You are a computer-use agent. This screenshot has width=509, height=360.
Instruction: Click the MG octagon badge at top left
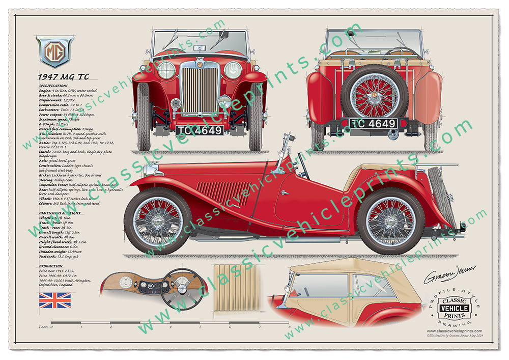coord(54,51)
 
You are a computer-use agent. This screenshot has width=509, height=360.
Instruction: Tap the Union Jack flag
coord(55,300)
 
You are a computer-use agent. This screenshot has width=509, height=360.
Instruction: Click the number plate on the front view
coord(200,130)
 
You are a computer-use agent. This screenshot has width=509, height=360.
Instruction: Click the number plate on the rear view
coord(373,124)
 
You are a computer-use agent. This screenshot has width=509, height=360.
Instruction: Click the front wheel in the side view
coord(157,220)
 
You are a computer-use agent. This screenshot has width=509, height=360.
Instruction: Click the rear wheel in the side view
coord(390,221)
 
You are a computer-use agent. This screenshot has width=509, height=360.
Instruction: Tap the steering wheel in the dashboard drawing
coord(181,289)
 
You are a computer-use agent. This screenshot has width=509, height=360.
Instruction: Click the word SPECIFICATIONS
coord(53,86)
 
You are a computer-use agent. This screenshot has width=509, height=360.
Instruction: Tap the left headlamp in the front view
coord(166,70)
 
